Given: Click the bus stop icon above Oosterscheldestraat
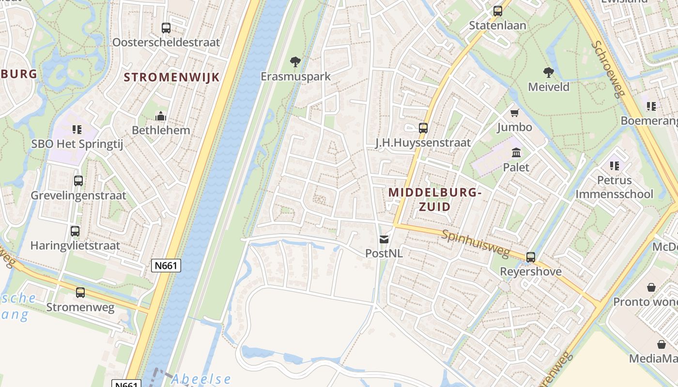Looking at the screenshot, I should pyautogui.click(x=166, y=28).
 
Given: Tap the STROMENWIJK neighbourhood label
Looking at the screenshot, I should pyautogui.click(x=171, y=77).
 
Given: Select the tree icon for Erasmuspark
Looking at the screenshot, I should pyautogui.click(x=295, y=62).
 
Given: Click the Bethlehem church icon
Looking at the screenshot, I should pyautogui.click(x=161, y=116).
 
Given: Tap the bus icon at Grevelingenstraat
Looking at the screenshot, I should pyautogui.click(x=78, y=181).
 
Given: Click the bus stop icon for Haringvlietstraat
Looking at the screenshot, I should pyautogui.click(x=75, y=231).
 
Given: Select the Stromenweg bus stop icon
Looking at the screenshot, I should pyautogui.click(x=80, y=293).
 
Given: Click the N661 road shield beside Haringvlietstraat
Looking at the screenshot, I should pyautogui.click(x=166, y=266).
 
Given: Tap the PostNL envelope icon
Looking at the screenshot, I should pyautogui.click(x=384, y=239).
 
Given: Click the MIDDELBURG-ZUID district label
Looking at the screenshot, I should pyautogui.click(x=434, y=199).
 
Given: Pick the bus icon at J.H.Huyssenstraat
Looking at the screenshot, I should pyautogui.click(x=423, y=128).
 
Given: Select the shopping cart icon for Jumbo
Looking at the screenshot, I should pyautogui.click(x=514, y=113).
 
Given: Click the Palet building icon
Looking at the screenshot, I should pyautogui.click(x=516, y=153).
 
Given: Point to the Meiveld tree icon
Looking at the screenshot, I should pyautogui.click(x=549, y=73).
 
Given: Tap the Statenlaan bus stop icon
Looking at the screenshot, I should pyautogui.click(x=498, y=11).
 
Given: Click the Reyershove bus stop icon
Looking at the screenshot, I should pyautogui.click(x=531, y=257).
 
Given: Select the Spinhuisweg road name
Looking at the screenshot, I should pyautogui.click(x=476, y=244).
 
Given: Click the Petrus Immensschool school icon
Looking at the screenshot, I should pyautogui.click(x=615, y=166).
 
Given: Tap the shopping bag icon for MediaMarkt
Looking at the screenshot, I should pyautogui.click(x=662, y=344).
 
